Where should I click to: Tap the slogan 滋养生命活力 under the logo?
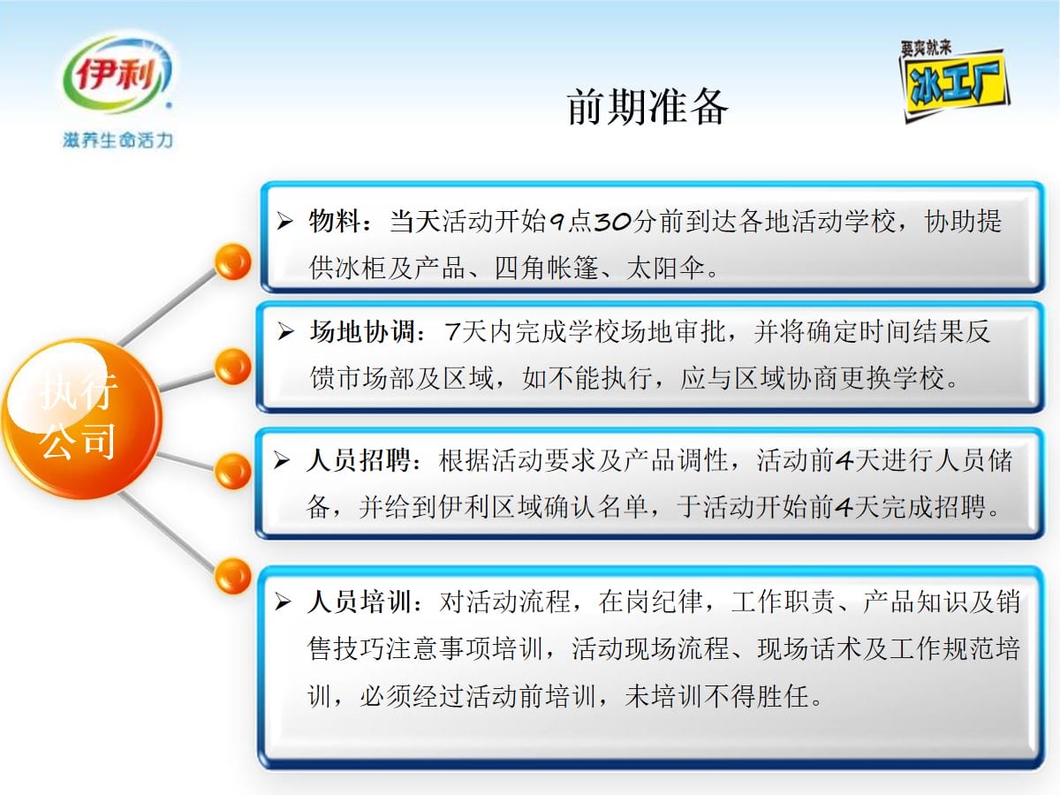coord(117,140)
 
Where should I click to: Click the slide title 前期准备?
coord(647,107)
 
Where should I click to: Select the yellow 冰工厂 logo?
coord(954,81)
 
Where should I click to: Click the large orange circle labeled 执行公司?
coord(82,418)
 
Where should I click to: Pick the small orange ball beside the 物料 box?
coord(233,261)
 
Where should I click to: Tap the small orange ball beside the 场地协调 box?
coord(233,367)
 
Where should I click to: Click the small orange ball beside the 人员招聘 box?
coord(233,471)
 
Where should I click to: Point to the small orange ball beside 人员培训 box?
coord(233,576)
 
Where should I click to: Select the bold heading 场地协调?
coord(362,331)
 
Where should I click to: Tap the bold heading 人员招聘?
coord(359,460)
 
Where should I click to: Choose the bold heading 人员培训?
coord(360,602)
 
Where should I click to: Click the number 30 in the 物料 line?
coord(612,222)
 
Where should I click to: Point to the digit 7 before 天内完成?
coord(452,332)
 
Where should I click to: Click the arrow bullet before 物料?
coord(285,221)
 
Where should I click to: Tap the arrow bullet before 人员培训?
coord(283,602)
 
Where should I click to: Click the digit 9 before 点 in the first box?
coord(557,223)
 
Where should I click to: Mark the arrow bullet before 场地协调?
coord(285,331)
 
